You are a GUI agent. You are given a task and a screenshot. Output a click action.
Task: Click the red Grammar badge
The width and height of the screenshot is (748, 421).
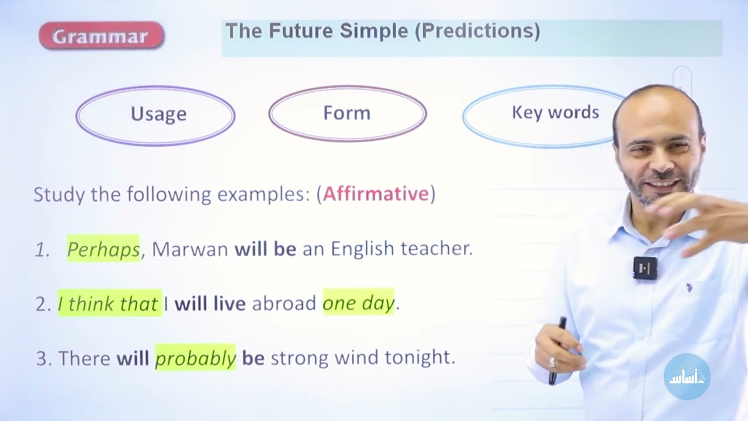(101, 36)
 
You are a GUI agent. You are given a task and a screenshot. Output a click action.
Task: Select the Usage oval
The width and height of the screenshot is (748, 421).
(155, 115)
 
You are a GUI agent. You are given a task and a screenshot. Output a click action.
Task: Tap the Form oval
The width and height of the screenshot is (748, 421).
(347, 113)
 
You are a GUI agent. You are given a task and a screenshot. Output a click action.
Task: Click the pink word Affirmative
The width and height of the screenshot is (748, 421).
(376, 194)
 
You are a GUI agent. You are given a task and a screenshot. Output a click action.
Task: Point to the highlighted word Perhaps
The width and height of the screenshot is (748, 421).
(103, 249)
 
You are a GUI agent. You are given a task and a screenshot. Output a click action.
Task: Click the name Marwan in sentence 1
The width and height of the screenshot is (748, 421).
(190, 249)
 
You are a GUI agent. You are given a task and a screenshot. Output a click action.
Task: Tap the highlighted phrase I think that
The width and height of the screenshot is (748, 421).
(109, 303)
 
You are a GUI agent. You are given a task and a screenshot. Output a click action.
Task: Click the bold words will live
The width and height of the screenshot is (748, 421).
(210, 303)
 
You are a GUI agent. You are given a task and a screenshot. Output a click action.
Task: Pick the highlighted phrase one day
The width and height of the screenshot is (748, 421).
(358, 303)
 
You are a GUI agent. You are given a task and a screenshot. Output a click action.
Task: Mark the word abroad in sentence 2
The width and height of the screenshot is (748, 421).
(284, 303)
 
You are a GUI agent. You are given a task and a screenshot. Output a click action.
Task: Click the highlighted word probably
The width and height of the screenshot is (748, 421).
(195, 358)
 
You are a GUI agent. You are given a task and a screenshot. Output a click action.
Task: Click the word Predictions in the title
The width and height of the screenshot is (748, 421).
(477, 31)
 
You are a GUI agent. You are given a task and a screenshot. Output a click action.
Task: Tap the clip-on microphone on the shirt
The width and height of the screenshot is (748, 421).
(645, 268)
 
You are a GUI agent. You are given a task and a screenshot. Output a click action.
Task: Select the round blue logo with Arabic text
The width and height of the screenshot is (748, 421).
(687, 377)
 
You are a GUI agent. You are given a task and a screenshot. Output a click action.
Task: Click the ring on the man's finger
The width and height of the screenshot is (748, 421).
(552, 362)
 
